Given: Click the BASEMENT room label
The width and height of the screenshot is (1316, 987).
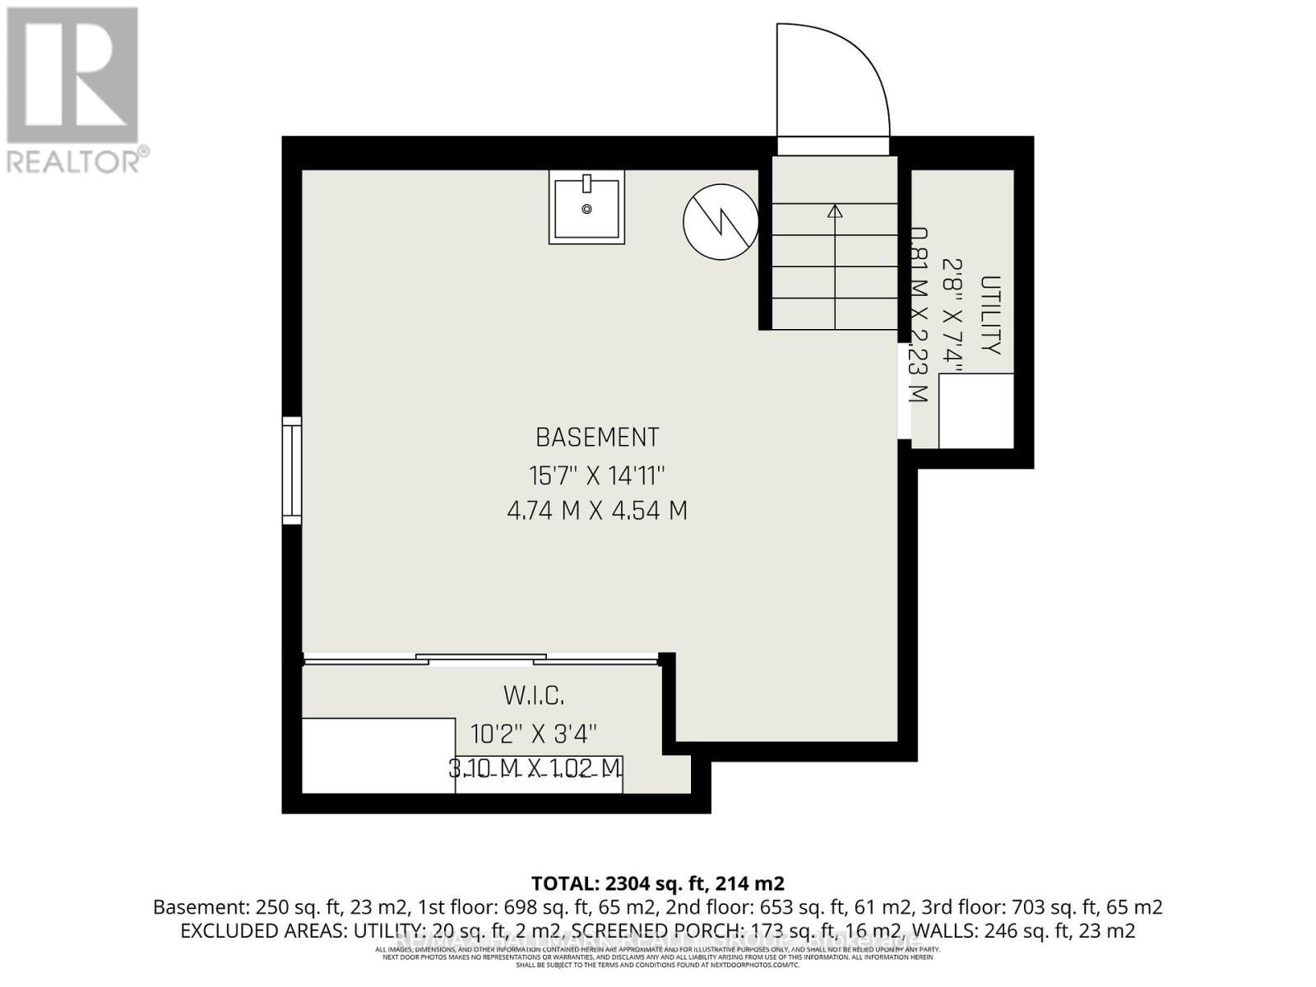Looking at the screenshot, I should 597,437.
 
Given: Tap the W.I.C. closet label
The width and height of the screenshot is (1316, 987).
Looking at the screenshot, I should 534,696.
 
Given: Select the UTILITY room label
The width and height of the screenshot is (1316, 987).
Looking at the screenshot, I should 991,315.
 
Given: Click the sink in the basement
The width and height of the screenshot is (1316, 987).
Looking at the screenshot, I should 586,209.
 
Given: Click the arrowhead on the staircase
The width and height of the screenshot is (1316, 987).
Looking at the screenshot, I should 835,211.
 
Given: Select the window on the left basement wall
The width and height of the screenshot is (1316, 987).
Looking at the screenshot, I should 292,470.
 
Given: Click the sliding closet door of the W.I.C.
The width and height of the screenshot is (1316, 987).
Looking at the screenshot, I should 481,659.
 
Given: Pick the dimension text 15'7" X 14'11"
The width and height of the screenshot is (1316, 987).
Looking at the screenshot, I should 597,475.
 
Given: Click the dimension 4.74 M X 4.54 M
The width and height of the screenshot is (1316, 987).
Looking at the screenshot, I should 597,511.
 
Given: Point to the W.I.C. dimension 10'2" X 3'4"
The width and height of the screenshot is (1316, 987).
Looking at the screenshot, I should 534,732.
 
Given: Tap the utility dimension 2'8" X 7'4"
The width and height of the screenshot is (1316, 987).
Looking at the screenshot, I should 952,315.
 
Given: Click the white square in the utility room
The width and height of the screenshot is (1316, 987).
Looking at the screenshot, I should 975,411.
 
